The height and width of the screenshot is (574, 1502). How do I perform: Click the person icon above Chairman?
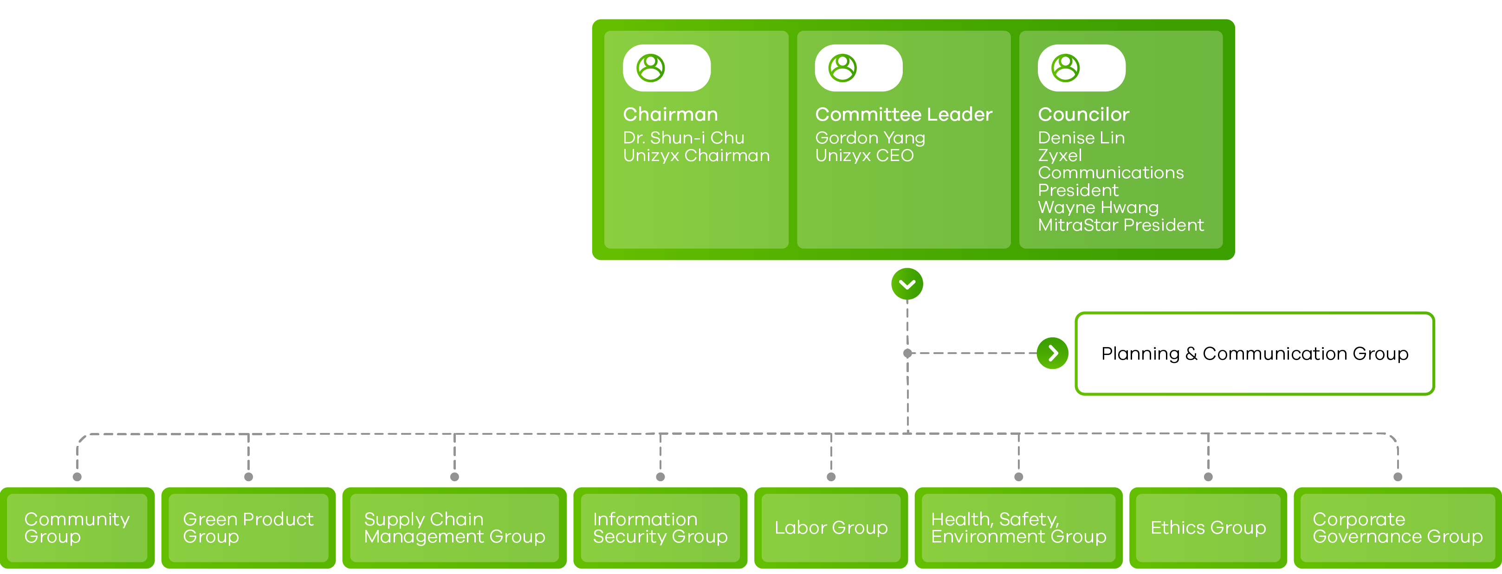pos(650,68)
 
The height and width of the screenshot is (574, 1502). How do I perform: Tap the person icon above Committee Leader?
pos(842,68)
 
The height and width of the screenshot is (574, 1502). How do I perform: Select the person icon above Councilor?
pos(1065,68)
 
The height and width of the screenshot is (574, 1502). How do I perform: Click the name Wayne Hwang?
pos(1098,207)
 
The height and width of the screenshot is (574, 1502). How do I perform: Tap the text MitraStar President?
pos(1120,225)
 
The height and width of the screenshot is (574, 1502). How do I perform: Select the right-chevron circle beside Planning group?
pos(1052,353)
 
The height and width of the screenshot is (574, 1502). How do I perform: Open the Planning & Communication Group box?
pos(1254,353)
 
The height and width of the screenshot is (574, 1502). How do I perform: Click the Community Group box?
pos(77,528)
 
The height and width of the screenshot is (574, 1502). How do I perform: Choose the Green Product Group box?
pos(248,528)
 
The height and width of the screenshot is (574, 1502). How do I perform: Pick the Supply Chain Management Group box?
pos(454,528)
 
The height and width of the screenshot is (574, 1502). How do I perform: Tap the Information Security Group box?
pos(660,528)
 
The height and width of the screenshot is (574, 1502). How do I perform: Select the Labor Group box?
pos(831,528)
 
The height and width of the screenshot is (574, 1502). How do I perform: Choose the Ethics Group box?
pos(1208,528)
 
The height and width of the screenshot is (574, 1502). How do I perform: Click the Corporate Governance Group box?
pos(1397,528)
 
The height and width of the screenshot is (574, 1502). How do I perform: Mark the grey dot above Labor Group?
pos(831,477)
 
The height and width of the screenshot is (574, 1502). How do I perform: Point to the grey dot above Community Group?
pos(77,477)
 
